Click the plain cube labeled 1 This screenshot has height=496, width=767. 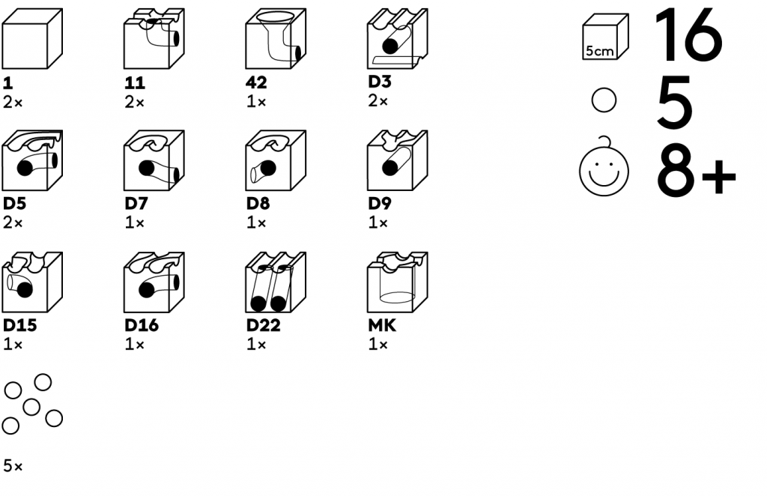pos(32,39)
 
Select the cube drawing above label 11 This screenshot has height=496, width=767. pos(154,39)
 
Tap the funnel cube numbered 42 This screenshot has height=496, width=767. pos(276,39)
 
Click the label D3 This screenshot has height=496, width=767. pos(379,82)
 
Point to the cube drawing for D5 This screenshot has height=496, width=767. pos(32,161)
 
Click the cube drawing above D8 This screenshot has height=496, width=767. pos(276,161)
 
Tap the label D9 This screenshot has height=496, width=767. pos(379,204)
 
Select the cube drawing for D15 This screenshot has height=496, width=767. pos(32,282)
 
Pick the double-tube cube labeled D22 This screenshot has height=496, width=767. pos(276,282)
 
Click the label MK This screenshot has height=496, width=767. pos(382,326)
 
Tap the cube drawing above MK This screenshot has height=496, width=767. pos(398,282)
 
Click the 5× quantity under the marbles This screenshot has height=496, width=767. pos(13,466)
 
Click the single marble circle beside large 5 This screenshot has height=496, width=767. pos(604,101)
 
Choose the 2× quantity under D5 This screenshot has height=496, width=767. pos(13,223)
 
